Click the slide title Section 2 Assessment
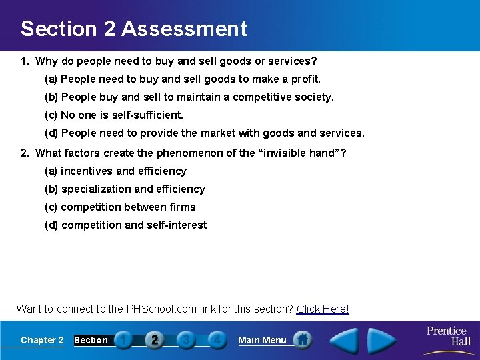133,29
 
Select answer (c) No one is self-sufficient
113,115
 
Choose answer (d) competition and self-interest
125,225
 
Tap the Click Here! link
323,309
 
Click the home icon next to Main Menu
302,340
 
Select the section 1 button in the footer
123,340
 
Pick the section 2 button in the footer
154,340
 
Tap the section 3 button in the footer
185,340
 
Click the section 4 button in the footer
216,340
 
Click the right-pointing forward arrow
382,340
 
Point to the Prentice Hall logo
448,335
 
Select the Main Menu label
262,340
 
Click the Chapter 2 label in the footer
42,340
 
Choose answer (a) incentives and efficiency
115,171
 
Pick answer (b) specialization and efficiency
125,189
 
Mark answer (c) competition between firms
120,207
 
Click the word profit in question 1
307,79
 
